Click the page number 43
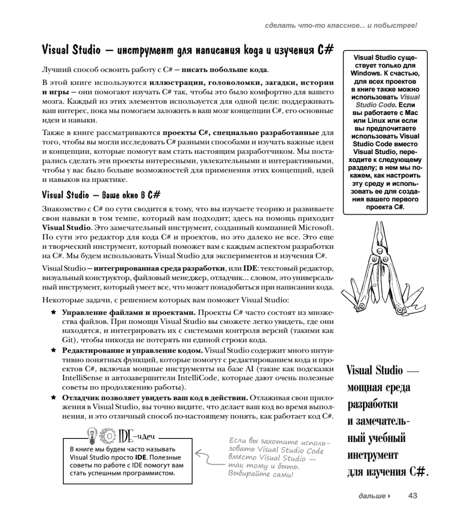point(412,495)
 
